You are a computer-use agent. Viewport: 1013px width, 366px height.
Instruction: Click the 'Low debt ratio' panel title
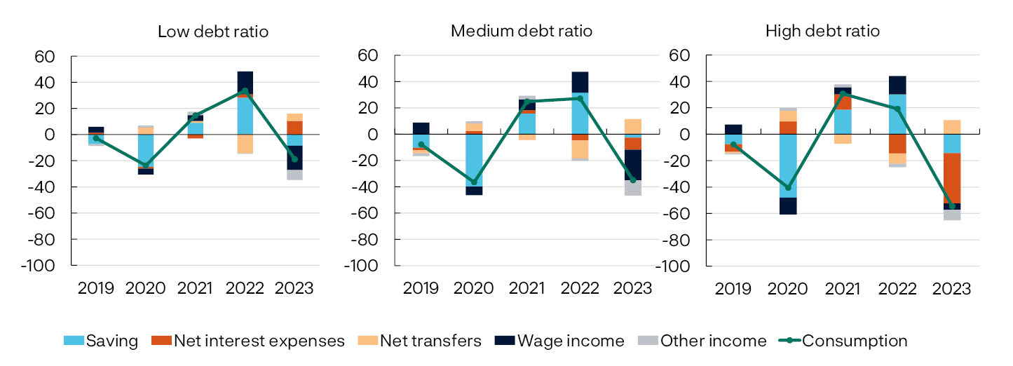[212, 32]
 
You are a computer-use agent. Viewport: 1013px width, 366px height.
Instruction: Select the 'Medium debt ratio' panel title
[521, 32]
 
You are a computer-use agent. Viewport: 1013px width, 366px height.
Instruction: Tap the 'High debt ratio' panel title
[822, 32]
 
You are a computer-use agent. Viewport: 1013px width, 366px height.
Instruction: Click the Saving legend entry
[101, 341]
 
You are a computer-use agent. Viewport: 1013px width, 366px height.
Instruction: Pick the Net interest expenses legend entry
[250, 341]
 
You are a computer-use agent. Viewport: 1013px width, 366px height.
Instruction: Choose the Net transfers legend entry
[420, 341]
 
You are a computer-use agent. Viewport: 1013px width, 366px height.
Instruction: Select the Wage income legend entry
[559, 341]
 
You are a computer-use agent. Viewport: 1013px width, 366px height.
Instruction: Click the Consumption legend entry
[843, 341]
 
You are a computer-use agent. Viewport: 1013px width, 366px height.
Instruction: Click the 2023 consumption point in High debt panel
[952, 206]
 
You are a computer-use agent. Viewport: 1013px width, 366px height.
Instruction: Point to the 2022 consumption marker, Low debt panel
[245, 90]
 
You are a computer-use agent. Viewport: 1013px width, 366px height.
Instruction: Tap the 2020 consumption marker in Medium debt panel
[474, 182]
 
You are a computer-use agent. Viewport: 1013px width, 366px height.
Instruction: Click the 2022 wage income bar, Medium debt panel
[579, 82]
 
